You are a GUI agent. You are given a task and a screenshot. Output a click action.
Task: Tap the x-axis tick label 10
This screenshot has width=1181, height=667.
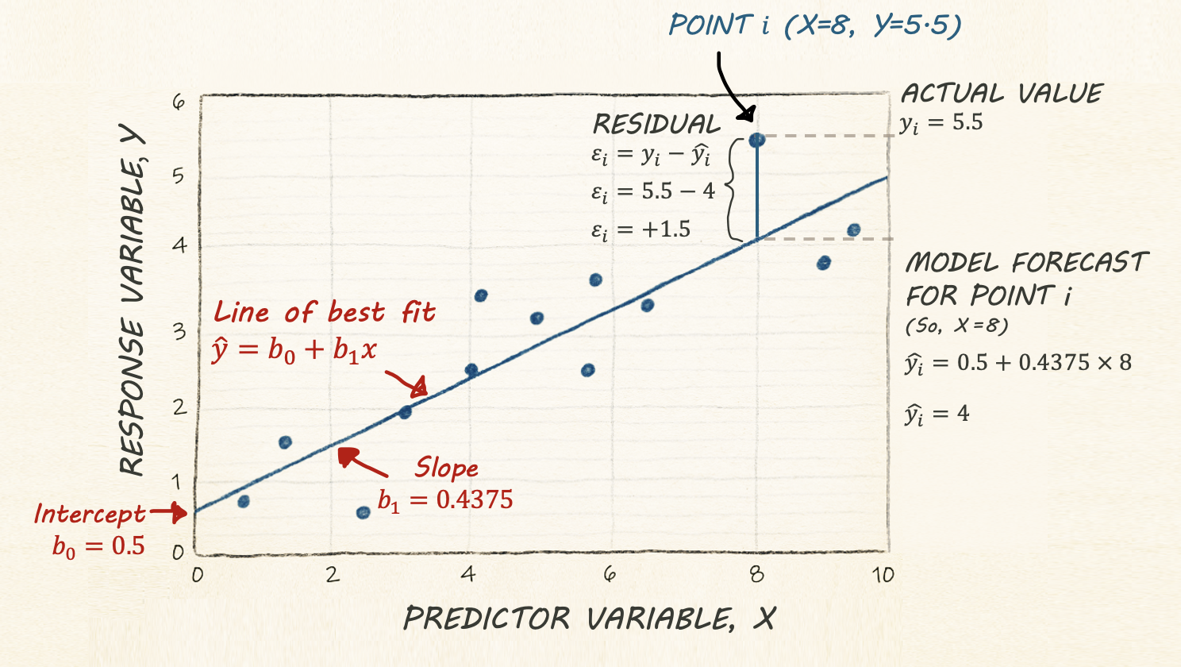point(883,575)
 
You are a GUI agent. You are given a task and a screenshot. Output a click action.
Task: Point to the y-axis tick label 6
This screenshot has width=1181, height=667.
point(179,102)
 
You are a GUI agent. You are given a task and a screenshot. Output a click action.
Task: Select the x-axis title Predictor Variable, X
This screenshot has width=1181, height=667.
point(589,619)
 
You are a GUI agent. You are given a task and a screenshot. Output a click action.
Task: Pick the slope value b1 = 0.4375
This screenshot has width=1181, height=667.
point(445,500)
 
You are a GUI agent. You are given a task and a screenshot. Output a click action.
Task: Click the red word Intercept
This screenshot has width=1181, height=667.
point(90,515)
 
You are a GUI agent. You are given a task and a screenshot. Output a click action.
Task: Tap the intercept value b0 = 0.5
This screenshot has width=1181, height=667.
point(98,546)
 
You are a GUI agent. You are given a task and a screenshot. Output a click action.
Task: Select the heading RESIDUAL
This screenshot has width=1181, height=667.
point(656,125)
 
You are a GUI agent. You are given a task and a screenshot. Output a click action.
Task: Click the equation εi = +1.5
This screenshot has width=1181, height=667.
point(641,230)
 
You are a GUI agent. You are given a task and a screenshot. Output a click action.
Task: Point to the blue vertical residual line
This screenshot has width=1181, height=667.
point(757,191)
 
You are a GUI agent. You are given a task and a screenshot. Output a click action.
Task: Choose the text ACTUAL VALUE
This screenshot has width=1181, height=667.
point(1002,94)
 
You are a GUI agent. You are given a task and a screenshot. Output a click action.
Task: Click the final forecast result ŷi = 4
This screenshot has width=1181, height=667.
point(937,414)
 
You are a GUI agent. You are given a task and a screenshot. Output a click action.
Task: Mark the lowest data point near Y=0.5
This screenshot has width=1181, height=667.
point(364,513)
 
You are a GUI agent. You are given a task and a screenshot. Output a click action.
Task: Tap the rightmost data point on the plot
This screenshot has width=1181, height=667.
point(854,230)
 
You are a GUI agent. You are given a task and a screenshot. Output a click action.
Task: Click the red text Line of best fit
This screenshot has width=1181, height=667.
point(325,312)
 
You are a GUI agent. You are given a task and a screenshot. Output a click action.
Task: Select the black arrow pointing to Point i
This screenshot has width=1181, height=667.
point(730,87)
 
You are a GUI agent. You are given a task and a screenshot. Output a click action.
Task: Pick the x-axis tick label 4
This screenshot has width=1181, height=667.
point(469,573)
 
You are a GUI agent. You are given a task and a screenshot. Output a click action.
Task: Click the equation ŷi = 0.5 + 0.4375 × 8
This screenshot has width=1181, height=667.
point(1018,364)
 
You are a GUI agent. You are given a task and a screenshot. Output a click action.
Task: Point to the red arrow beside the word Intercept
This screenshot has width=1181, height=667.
point(168,512)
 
